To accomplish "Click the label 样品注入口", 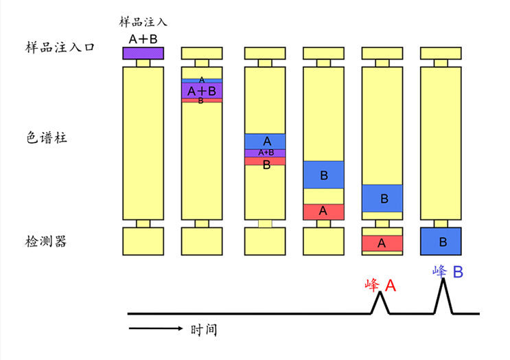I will click(x=59, y=47).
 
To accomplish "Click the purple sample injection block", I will click(x=143, y=53).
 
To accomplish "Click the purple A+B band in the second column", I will click(x=202, y=91).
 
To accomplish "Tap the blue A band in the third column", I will click(x=266, y=141).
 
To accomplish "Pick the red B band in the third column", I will click(x=266, y=164).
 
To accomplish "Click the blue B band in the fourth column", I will click(x=323, y=175).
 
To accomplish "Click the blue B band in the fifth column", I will click(x=382, y=199).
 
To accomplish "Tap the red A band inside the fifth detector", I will click(x=382, y=243).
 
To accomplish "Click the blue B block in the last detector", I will click(x=441, y=241).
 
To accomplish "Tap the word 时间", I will click(x=204, y=330).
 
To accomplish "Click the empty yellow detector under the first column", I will click(x=143, y=241).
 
